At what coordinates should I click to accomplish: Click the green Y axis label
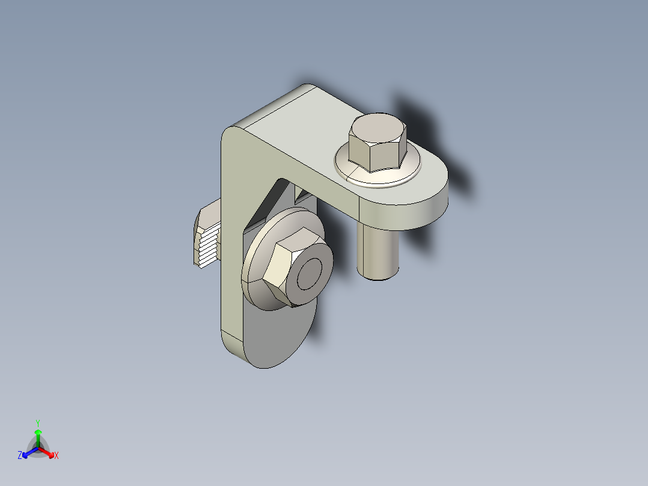pos(37,422)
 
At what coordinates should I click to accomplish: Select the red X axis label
pos(57,455)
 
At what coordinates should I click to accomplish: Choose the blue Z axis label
pos(20,455)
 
